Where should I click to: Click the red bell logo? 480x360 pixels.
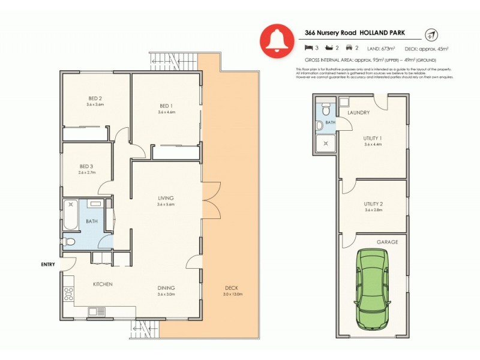click(277, 40)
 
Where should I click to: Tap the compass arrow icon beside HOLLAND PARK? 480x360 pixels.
click(430, 35)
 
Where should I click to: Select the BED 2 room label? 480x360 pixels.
click(95, 98)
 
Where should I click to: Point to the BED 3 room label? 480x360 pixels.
click(87, 166)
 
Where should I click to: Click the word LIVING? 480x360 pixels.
click(166, 198)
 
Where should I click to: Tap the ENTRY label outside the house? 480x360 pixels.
click(48, 264)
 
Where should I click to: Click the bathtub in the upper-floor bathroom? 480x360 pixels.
click(70, 215)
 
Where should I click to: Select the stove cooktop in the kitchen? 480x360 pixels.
click(68, 294)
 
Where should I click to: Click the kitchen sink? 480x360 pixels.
click(95, 311)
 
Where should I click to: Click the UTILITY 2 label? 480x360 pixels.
click(373, 204)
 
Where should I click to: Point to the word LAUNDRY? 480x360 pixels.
click(359, 113)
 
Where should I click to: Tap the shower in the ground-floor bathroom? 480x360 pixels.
click(326, 143)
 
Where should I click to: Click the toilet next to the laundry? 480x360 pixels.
click(325, 110)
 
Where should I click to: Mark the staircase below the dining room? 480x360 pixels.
click(146, 329)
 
